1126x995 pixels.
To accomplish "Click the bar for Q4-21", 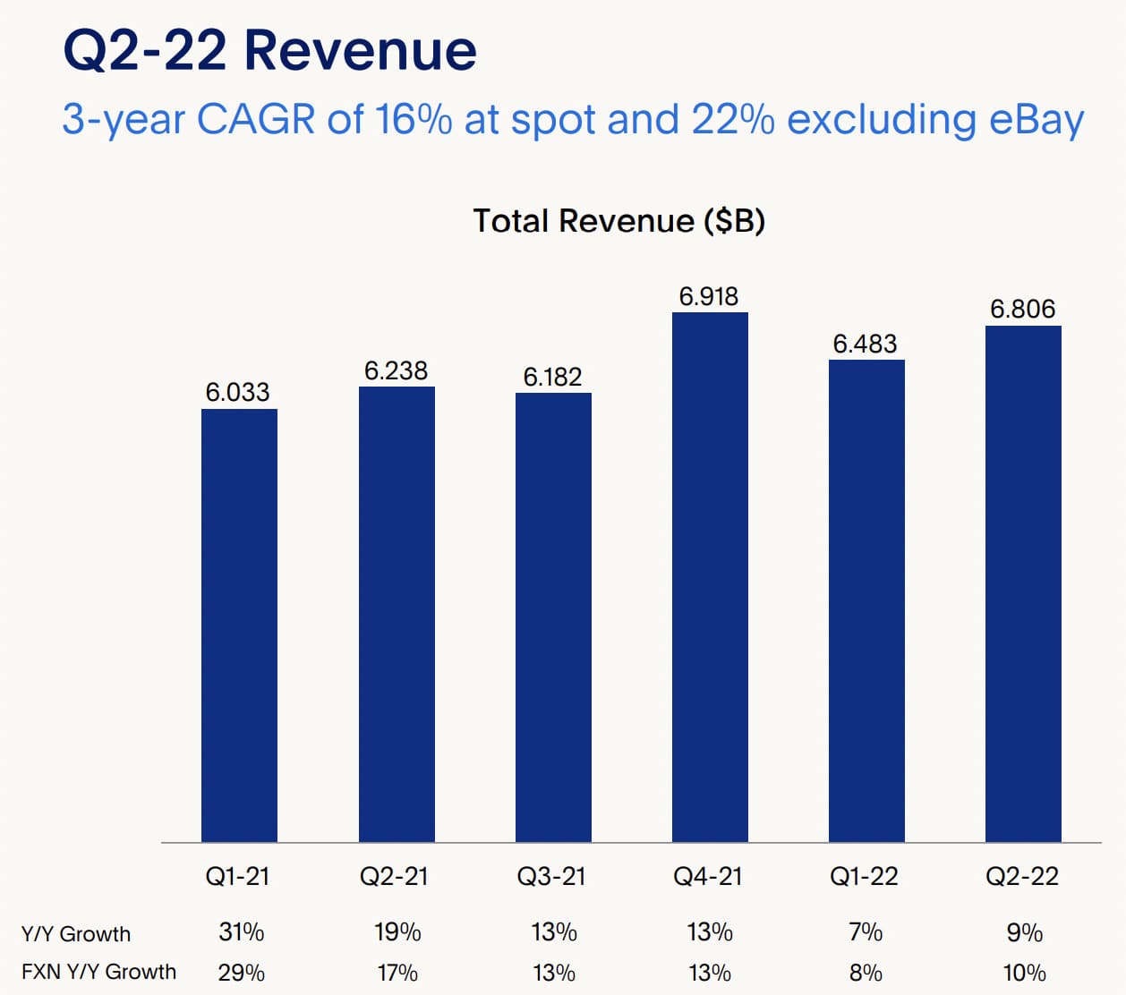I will point(710,577).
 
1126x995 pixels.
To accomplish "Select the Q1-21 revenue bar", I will point(239,625).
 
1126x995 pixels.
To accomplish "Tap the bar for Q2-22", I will point(1023,583).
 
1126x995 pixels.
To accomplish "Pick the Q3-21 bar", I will point(553,617).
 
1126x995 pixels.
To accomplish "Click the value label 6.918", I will point(709,296).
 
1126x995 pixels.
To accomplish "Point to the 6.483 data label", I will point(865,344).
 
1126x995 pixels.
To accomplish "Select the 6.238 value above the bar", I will point(396,370).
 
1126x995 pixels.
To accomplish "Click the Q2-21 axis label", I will point(394,876).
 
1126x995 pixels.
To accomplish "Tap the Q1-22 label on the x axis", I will point(864,876).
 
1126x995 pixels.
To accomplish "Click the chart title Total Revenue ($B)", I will point(618,220).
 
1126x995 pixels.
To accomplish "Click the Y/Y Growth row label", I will point(76,934).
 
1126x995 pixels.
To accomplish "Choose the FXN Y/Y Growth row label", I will point(98,972).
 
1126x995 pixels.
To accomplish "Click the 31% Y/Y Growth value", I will point(241,932).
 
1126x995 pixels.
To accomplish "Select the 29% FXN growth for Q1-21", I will point(241,973).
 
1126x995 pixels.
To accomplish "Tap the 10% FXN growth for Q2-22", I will point(1024,973).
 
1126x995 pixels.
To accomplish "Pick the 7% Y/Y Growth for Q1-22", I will point(866,932).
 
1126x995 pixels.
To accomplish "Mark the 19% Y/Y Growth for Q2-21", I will point(397,932).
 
